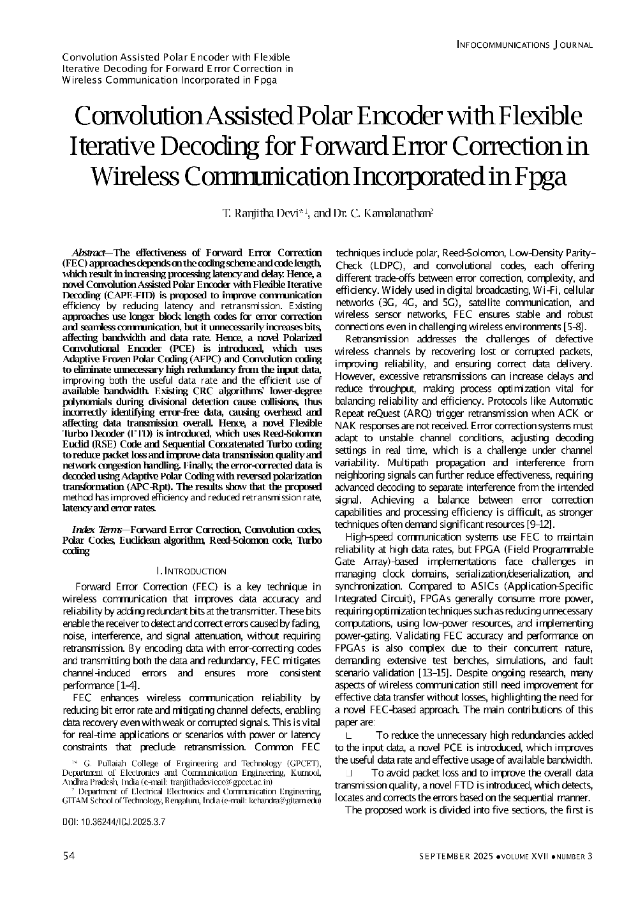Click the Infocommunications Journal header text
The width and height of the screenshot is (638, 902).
tap(525, 45)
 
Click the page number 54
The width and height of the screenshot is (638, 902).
tap(69, 856)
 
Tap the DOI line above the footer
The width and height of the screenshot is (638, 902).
tap(114, 822)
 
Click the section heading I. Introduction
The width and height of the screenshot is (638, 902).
tap(191, 571)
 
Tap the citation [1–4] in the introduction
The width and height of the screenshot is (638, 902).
tap(129, 685)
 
